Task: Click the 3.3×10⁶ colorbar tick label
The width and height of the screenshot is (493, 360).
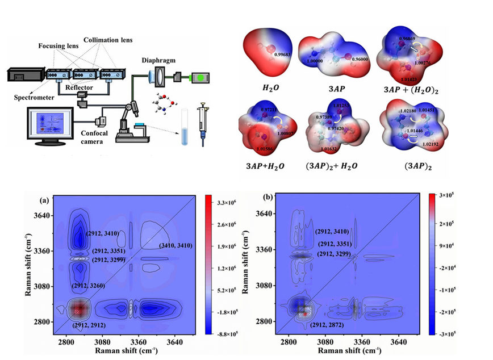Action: point(227,203)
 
